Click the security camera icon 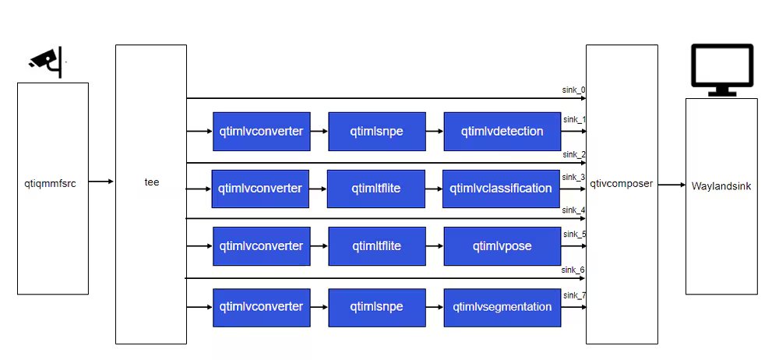(x=46, y=62)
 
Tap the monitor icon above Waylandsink (x=722, y=69)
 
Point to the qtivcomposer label (x=622, y=185)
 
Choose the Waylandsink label (x=721, y=186)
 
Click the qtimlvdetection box (x=502, y=131)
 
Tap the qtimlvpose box (x=502, y=246)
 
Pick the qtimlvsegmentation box (x=502, y=307)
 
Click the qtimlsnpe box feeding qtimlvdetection (x=376, y=131)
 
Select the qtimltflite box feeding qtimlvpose (x=376, y=246)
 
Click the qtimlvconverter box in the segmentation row (x=261, y=307)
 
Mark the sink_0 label (x=573, y=90)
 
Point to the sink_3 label (x=573, y=177)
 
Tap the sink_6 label (x=573, y=270)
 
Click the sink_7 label (x=573, y=295)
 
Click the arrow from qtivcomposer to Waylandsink (x=671, y=185)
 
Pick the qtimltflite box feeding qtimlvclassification (x=376, y=189)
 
